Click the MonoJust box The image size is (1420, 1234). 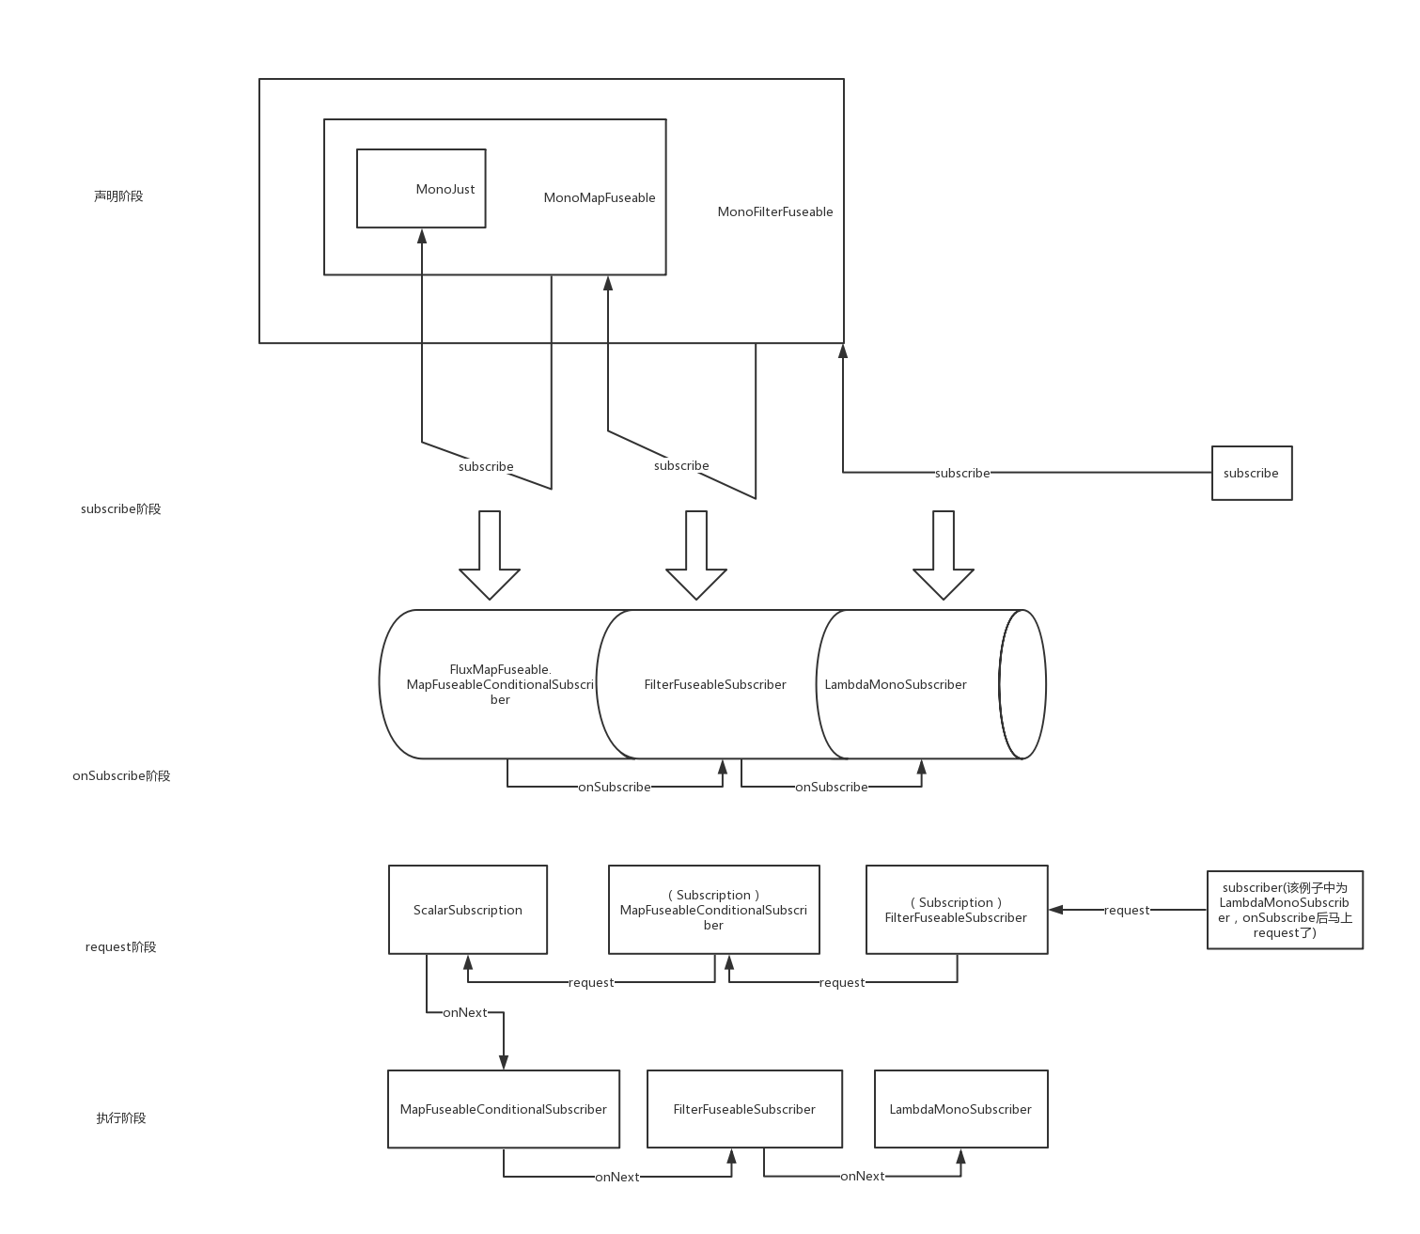(x=421, y=188)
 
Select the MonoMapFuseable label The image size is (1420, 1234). (x=599, y=197)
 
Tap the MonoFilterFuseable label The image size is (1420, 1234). (x=774, y=211)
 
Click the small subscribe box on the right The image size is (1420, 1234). (x=1251, y=473)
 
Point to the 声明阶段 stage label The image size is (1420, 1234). (x=118, y=196)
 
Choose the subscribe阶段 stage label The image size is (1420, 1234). (x=120, y=508)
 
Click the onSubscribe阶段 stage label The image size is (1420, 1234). (x=121, y=775)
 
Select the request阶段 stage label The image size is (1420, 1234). (x=120, y=946)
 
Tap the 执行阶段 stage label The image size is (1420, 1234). (x=121, y=1117)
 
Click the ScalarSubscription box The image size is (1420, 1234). (x=467, y=910)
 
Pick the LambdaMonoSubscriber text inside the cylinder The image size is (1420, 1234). (x=895, y=684)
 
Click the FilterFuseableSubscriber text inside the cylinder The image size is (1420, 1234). (x=714, y=684)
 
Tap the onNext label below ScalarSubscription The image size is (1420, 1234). (x=464, y=1012)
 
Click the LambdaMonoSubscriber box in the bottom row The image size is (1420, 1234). (x=960, y=1109)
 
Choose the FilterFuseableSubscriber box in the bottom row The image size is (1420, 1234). (x=744, y=1109)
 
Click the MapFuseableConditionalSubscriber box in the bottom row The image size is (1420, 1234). (x=503, y=1109)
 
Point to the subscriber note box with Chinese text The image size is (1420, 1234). (x=1285, y=910)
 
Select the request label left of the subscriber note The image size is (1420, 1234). (x=1126, y=910)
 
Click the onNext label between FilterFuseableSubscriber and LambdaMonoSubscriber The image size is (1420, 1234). (x=862, y=1176)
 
